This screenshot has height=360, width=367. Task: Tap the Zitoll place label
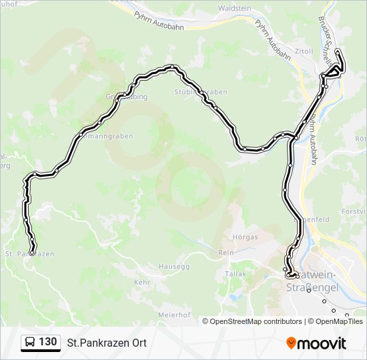click(x=303, y=51)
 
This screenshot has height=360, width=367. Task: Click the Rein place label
click(x=226, y=253)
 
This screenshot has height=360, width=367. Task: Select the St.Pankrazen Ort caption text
click(x=107, y=343)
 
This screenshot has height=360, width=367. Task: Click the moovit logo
click(x=316, y=343)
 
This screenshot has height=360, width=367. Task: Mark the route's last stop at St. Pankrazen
click(x=33, y=251)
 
